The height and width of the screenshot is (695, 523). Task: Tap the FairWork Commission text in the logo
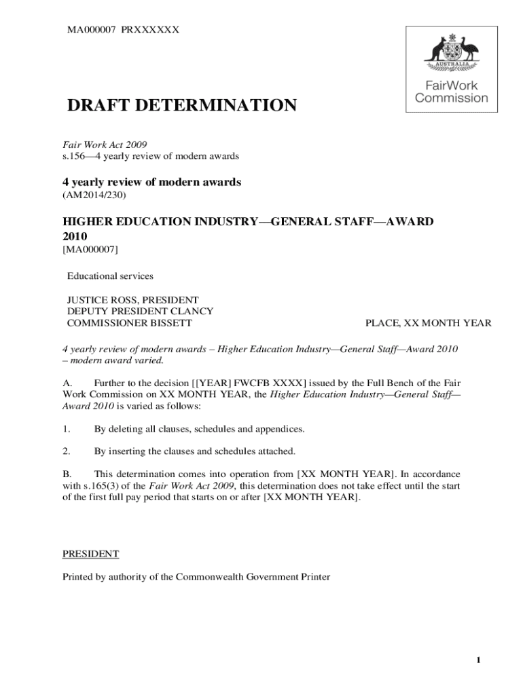pyautogui.click(x=451, y=92)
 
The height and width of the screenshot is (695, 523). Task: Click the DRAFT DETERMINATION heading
pyautogui.click(x=181, y=106)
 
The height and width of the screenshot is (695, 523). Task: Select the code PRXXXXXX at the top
pyautogui.click(x=150, y=29)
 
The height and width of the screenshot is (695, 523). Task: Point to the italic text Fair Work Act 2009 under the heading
pyautogui.click(x=105, y=145)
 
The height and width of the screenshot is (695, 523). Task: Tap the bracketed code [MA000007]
pyautogui.click(x=90, y=250)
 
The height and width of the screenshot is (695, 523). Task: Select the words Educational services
pyautogui.click(x=110, y=276)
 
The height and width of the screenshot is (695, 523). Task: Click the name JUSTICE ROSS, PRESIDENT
pyautogui.click(x=132, y=300)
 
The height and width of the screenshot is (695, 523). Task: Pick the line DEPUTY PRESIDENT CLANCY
pyautogui.click(x=140, y=312)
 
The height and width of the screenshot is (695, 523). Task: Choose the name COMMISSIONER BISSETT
pyautogui.click(x=129, y=323)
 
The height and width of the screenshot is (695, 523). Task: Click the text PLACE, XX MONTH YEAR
pyautogui.click(x=428, y=323)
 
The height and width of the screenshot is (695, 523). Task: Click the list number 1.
pyautogui.click(x=66, y=429)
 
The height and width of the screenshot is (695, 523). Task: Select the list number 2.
pyautogui.click(x=66, y=451)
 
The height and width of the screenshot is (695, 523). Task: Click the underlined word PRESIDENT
pyautogui.click(x=91, y=555)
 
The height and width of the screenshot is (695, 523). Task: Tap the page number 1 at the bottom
pyautogui.click(x=479, y=661)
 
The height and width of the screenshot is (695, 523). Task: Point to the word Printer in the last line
pyautogui.click(x=313, y=577)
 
